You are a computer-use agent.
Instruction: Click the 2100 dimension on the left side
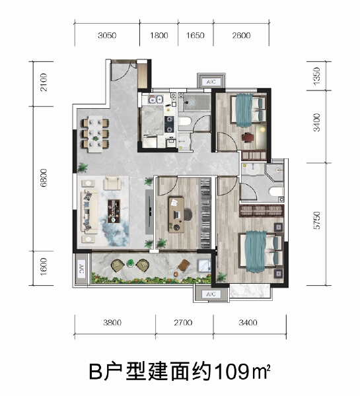[43, 84]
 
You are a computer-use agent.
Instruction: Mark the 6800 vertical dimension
[43, 178]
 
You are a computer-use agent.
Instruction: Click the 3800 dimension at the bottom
[114, 323]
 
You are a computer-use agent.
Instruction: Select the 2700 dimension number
[183, 323]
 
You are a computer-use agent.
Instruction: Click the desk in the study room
[176, 213]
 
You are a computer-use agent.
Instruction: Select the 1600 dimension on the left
[43, 269]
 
